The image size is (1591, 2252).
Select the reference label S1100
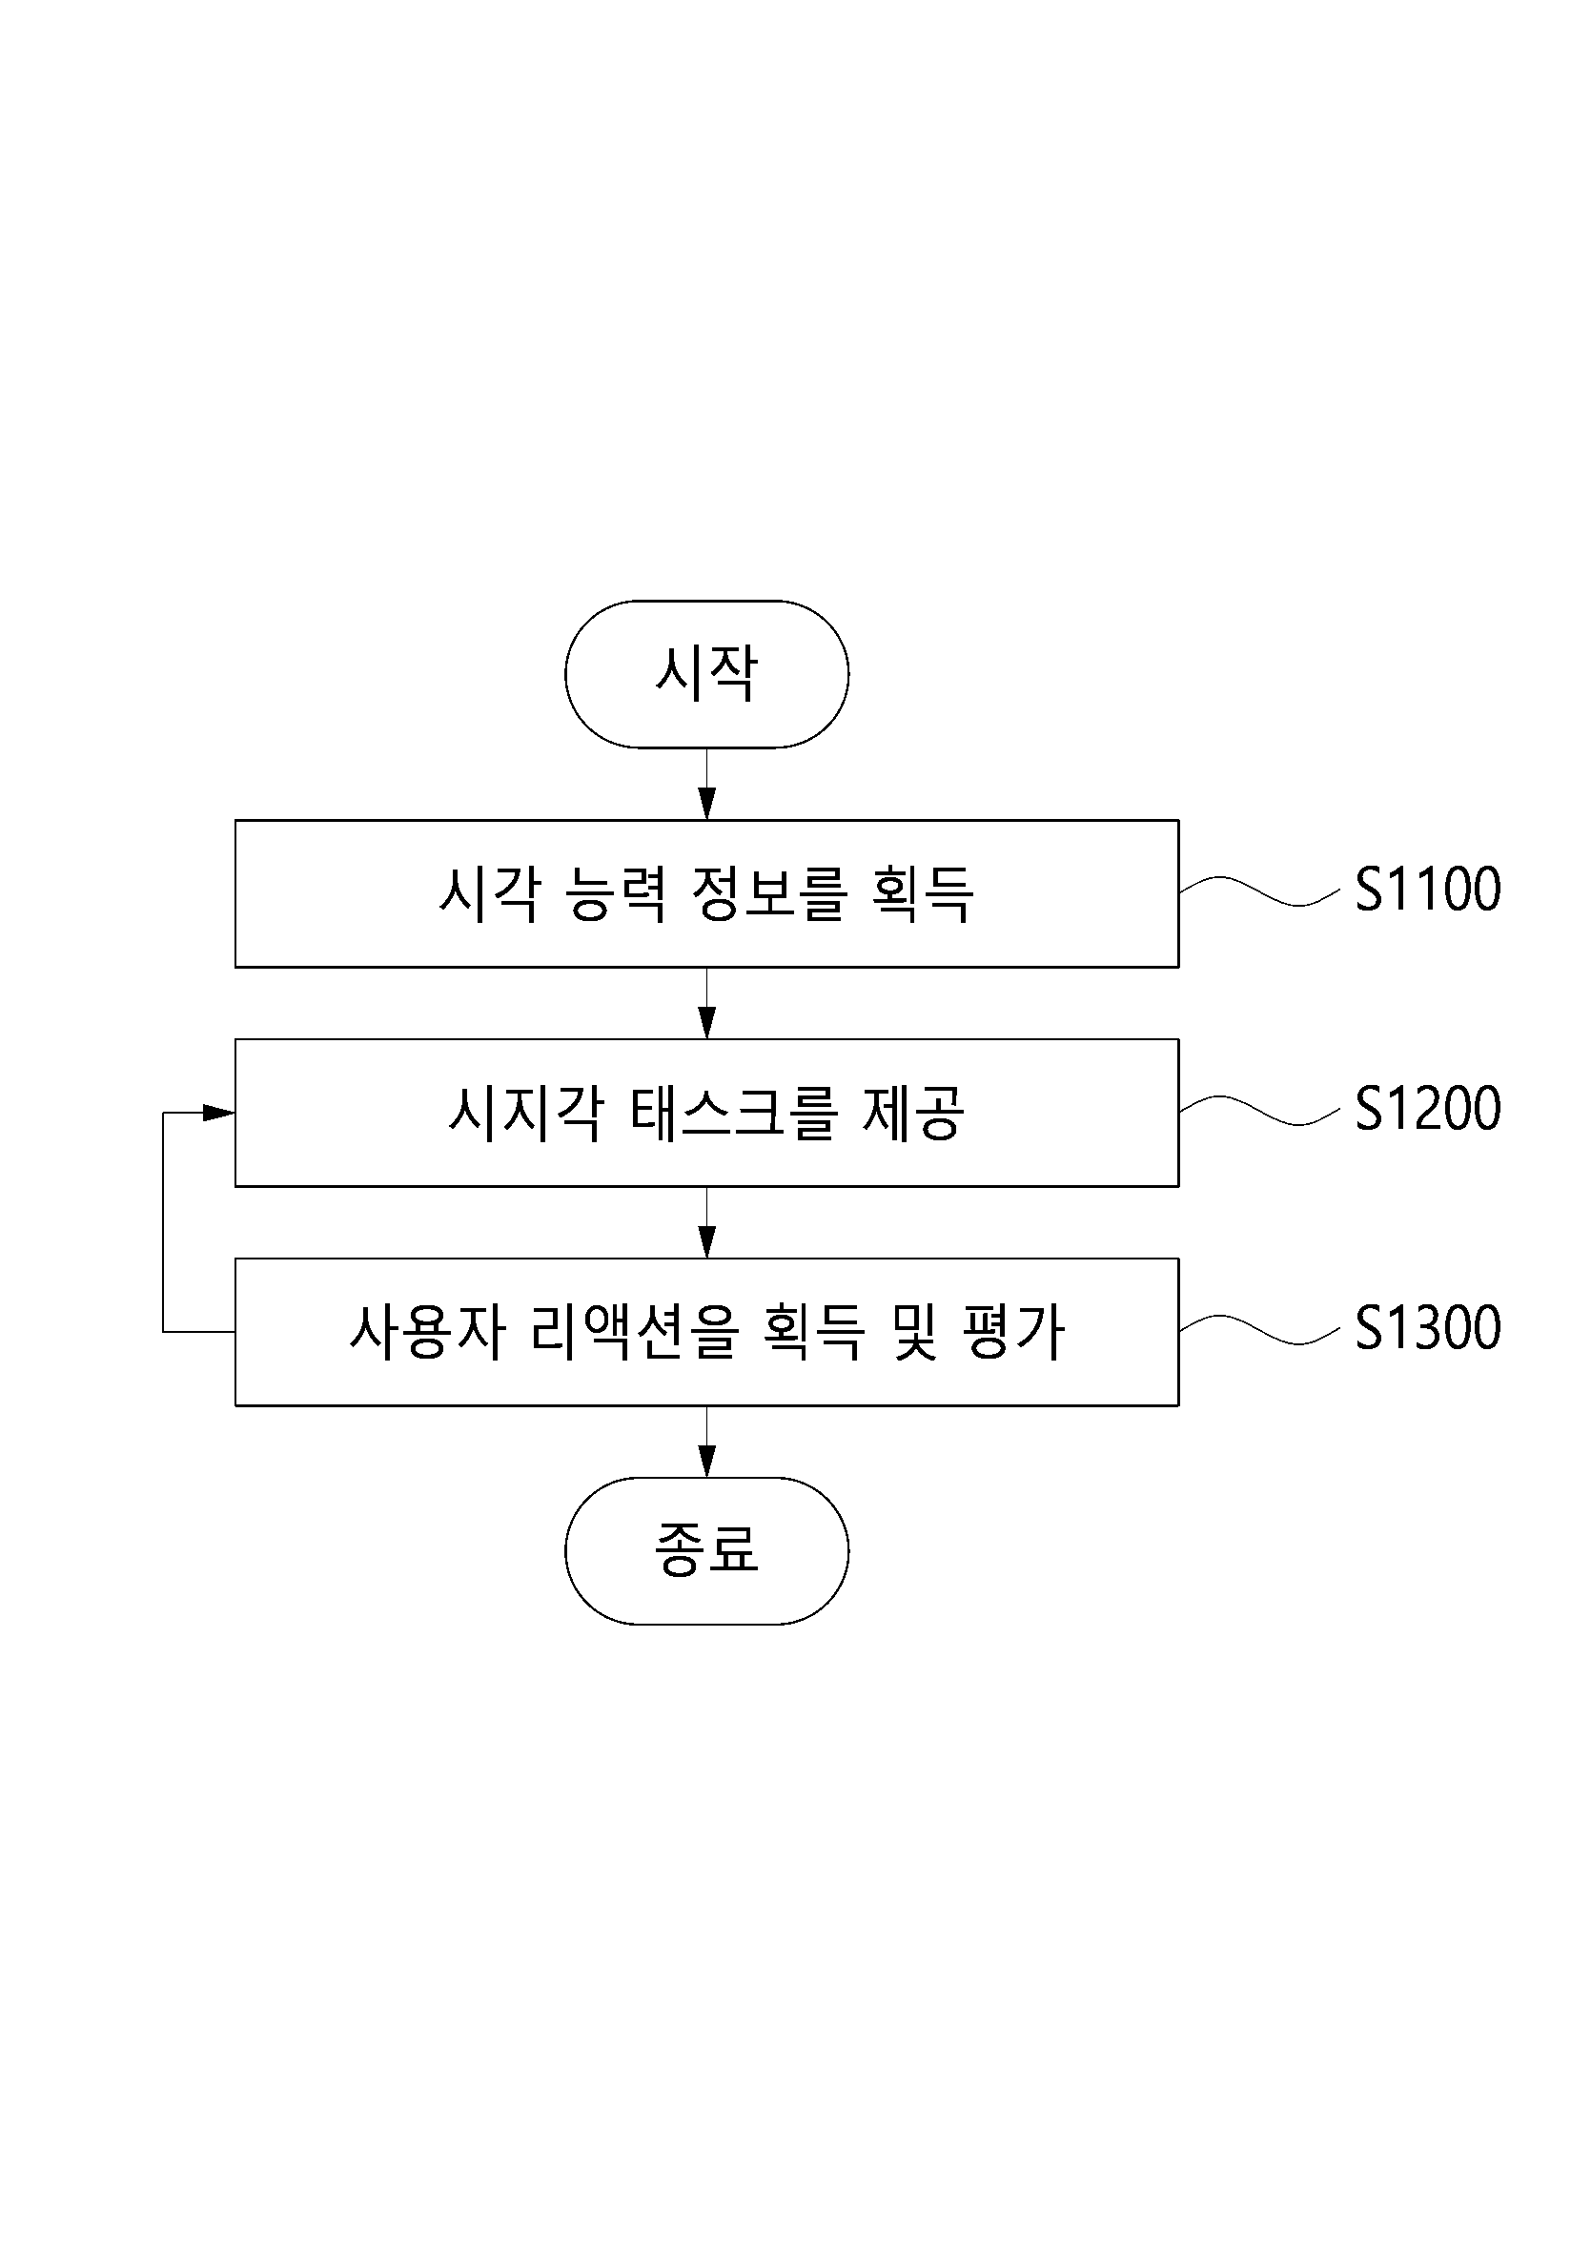pyautogui.click(x=1428, y=890)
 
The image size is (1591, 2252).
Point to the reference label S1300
pyautogui.click(x=1428, y=1328)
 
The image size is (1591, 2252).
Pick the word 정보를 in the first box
pyautogui.click(x=768, y=893)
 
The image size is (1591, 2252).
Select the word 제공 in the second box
pyautogui.click(x=913, y=1114)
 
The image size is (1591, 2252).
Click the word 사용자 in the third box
pyautogui.click(x=427, y=1332)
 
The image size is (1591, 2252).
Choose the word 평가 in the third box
pyautogui.click(x=1014, y=1332)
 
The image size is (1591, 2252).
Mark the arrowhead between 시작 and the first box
pyautogui.click(x=706, y=805)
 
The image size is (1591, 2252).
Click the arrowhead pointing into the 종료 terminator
pyautogui.click(x=706, y=1462)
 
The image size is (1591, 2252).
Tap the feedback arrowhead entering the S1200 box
pyautogui.click(x=218, y=1113)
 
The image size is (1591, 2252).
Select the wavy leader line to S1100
pyautogui.click(x=1259, y=891)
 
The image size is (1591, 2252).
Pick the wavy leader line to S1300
pyautogui.click(x=1259, y=1329)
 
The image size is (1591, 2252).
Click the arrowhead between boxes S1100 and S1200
pyautogui.click(x=706, y=1023)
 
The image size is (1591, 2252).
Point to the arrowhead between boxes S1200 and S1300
pyautogui.click(x=706, y=1241)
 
